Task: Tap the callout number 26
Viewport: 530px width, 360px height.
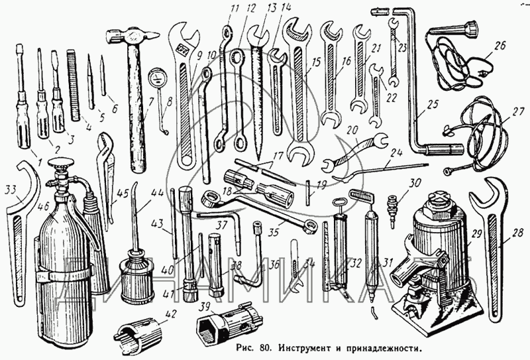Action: click(498, 46)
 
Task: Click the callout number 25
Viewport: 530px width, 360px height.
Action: click(433, 105)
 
